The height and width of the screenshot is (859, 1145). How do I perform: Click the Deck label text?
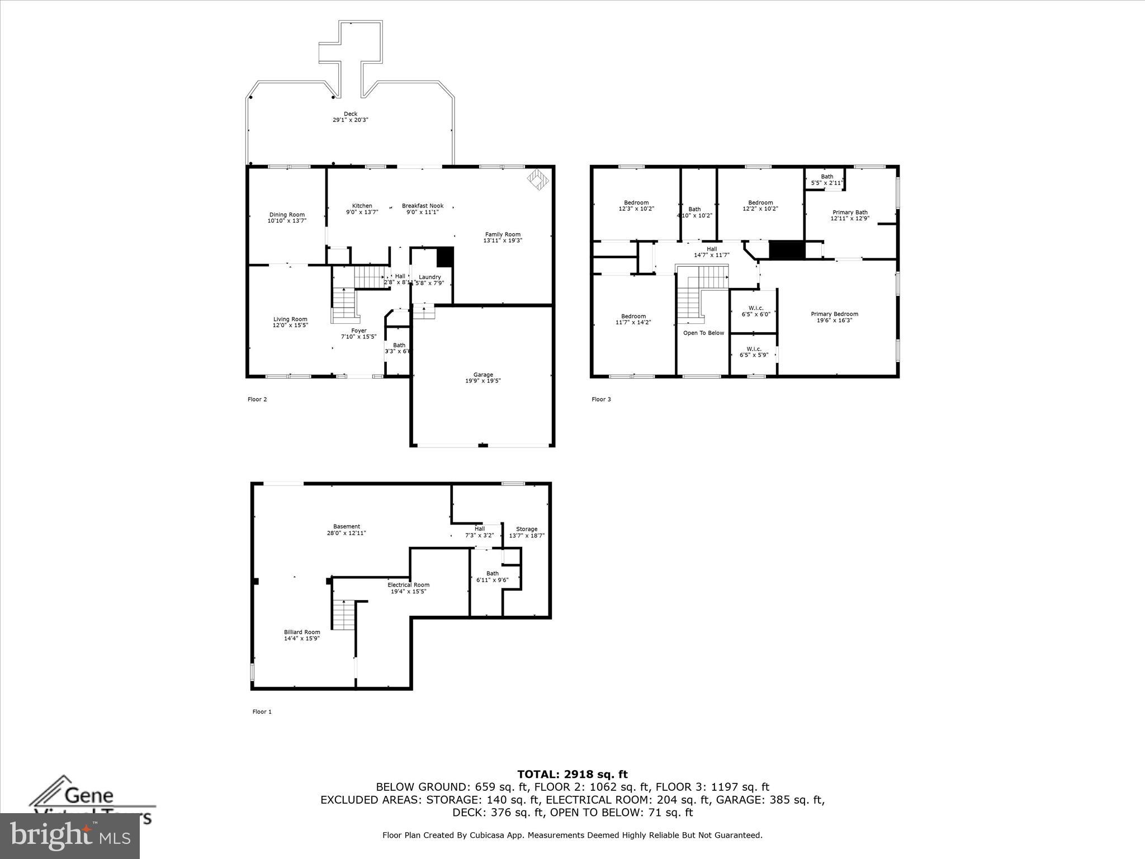[x=351, y=114]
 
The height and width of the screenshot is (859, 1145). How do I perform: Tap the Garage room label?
[x=483, y=375]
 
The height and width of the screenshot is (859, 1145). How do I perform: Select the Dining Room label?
[x=287, y=215]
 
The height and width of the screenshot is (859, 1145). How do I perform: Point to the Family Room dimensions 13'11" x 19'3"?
[x=503, y=240]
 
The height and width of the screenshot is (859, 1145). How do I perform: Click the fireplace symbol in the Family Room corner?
[x=538, y=180]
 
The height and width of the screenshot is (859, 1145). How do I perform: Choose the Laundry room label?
[x=430, y=277]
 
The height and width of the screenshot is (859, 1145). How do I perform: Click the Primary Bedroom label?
[x=834, y=314]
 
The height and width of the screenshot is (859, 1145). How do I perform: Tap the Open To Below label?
[x=703, y=333]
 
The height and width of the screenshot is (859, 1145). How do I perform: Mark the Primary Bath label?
[x=850, y=212]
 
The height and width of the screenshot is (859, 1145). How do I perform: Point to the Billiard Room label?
[x=302, y=632]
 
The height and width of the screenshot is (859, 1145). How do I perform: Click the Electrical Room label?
[x=408, y=585]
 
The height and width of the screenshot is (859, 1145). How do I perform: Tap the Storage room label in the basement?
[x=527, y=529]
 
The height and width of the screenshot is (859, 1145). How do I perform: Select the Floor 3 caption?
[x=601, y=399]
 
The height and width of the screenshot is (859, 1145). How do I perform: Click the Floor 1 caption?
[x=262, y=712]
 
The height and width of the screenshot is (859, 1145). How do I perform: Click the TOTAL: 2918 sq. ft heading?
[x=572, y=775]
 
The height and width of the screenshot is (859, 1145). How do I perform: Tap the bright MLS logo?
[x=70, y=836]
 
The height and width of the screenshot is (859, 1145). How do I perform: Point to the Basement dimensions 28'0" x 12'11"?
[x=347, y=533]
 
